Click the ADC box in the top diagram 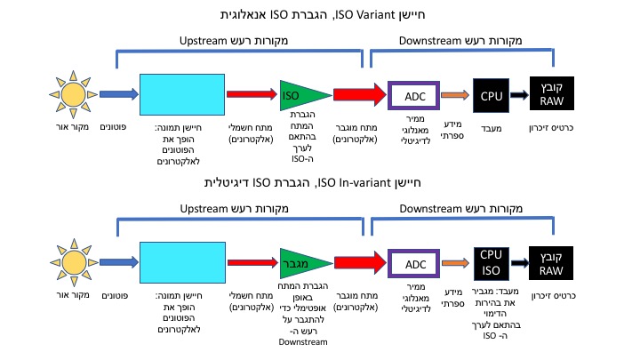coord(415,95)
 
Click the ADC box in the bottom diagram coord(415,264)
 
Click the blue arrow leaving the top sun coord(116,93)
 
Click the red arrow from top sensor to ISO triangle coord(252,93)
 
